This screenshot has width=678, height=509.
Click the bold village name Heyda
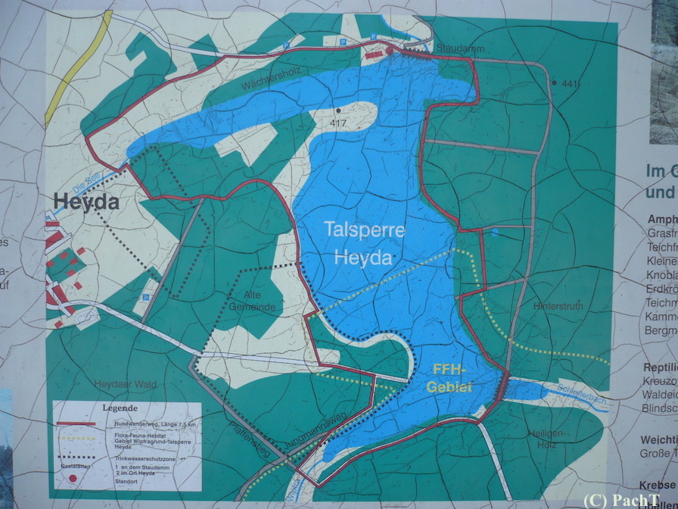click(86, 202)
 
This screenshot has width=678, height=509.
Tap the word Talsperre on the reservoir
click(365, 230)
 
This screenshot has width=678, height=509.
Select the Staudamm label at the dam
click(452, 47)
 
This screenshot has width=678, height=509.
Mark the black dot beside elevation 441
click(554, 82)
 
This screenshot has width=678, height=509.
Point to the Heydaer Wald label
click(126, 385)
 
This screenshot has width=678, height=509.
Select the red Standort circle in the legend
click(73, 479)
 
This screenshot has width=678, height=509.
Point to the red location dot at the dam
click(390, 50)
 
